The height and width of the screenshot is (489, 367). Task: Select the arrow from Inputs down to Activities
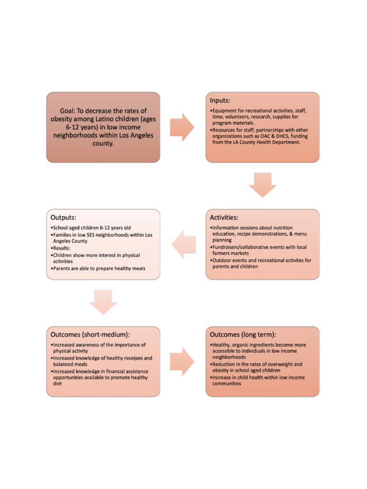[262, 185]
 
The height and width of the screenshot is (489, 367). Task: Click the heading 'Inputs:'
[220, 101]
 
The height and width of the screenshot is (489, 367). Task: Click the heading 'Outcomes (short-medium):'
[90, 334]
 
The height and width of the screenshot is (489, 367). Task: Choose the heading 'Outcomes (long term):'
[242, 334]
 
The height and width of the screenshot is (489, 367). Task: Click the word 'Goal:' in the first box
[70, 110]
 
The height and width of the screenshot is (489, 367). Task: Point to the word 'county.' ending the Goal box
[103, 143]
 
